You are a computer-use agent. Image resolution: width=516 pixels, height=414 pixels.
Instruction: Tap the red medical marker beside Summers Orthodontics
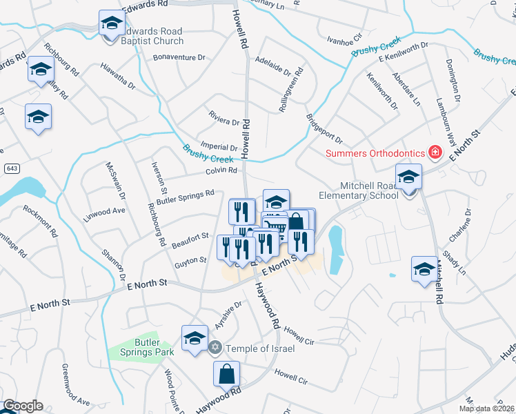(x=435, y=152)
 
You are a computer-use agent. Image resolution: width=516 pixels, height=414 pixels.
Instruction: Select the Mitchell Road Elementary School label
(x=369, y=190)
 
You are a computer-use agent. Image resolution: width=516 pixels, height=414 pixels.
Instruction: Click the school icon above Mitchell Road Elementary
(x=408, y=177)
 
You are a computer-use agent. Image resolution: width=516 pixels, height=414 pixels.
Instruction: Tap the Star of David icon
(x=215, y=348)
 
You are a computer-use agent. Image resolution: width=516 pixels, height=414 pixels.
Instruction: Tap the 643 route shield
(x=12, y=168)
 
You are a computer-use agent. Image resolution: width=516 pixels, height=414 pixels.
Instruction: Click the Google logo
(x=23, y=406)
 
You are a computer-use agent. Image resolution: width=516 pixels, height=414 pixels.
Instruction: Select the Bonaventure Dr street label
(x=179, y=57)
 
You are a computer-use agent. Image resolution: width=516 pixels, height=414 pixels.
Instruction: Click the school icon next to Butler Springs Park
(x=195, y=337)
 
